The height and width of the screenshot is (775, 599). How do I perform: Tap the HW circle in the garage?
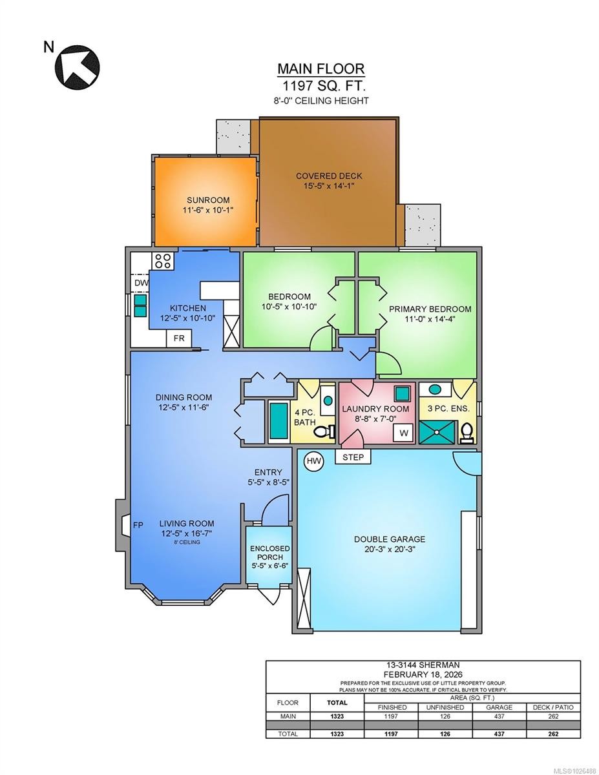click(314, 460)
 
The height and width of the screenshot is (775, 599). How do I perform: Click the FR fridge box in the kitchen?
click(179, 338)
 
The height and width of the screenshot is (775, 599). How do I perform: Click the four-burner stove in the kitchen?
click(162, 261)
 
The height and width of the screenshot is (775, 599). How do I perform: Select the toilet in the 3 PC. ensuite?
click(467, 433)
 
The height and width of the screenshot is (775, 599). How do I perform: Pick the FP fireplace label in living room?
click(138, 524)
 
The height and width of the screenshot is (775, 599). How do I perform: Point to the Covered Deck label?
click(329, 176)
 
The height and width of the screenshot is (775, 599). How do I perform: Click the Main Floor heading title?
click(321, 68)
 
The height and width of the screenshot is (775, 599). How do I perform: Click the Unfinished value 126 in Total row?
click(446, 734)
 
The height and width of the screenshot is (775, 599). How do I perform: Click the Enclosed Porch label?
click(270, 553)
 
